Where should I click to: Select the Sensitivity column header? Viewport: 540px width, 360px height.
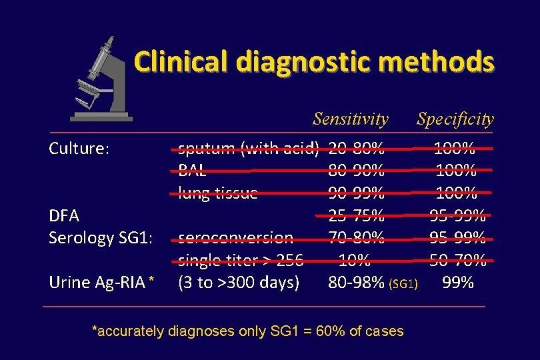[x=351, y=119]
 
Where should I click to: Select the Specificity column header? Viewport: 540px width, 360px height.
[x=455, y=119]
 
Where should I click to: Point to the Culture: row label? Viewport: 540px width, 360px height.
[x=79, y=149]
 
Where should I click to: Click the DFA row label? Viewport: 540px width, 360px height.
[x=64, y=215]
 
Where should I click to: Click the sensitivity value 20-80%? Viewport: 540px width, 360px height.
[x=356, y=148]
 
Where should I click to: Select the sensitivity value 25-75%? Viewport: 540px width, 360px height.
[x=356, y=215]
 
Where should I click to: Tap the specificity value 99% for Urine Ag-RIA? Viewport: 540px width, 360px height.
[x=458, y=283]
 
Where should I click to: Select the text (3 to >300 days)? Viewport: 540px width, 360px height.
[x=238, y=283]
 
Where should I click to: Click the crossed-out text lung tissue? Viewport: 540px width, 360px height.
[x=218, y=193]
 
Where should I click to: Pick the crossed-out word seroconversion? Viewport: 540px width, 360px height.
[x=235, y=237]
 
